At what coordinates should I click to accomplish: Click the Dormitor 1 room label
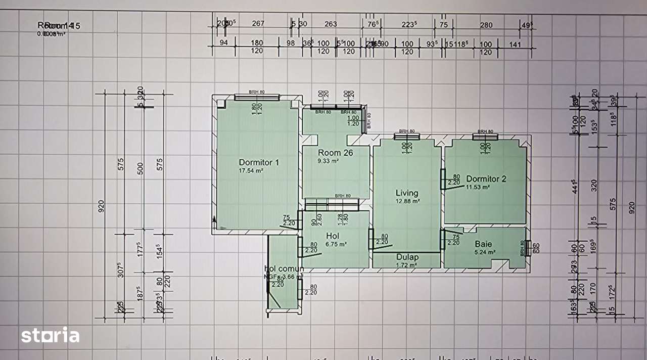coord(259,162)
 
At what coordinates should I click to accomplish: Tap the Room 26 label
coord(335,153)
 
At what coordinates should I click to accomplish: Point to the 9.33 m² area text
coord(328,161)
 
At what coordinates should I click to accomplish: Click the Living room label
coord(407,193)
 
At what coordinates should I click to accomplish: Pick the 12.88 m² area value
coord(409,201)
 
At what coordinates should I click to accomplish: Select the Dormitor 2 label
coord(486,178)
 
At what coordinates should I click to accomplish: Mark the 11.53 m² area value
coord(478,187)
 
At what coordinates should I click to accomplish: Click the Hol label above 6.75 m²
coord(333,236)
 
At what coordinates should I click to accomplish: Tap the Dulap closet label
coord(407,257)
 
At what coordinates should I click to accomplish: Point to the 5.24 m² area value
coord(484,251)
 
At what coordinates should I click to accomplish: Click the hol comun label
coord(284,268)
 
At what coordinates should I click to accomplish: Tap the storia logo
coord(50,335)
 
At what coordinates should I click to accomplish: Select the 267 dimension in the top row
coord(258,23)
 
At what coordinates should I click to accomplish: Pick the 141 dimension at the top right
coord(515,44)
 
